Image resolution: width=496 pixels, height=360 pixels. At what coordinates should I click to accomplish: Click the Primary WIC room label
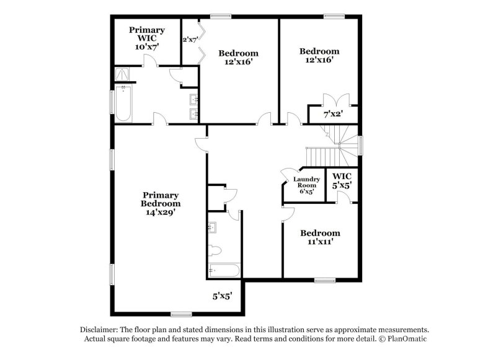[x=147, y=38]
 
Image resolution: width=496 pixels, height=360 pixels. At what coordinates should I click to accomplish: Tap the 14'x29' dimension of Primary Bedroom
[x=161, y=212]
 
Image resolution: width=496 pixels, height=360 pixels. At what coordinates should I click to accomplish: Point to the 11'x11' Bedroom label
[x=320, y=237]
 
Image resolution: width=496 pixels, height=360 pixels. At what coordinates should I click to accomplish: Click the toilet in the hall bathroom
[x=215, y=251]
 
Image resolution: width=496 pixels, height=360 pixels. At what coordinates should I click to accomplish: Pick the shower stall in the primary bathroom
[x=122, y=74]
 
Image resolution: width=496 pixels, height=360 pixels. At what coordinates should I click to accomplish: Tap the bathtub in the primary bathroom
[x=123, y=103]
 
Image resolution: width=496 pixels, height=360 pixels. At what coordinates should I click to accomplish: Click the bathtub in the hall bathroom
[x=224, y=270]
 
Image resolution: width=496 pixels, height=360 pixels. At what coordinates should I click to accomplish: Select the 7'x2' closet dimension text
[x=333, y=114]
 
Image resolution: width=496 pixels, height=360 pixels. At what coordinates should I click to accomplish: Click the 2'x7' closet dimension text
[x=190, y=40]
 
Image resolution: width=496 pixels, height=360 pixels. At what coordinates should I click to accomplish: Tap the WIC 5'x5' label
[x=342, y=181]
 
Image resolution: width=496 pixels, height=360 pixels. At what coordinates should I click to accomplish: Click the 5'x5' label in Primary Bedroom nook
[x=223, y=296]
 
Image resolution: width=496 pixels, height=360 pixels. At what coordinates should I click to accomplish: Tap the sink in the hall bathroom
[x=212, y=227]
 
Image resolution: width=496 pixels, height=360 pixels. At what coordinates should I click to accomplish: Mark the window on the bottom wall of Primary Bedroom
[x=181, y=314]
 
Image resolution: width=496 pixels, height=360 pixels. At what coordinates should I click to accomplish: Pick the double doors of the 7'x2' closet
[x=337, y=100]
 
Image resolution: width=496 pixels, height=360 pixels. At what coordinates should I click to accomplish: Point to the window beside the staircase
[x=360, y=146]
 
